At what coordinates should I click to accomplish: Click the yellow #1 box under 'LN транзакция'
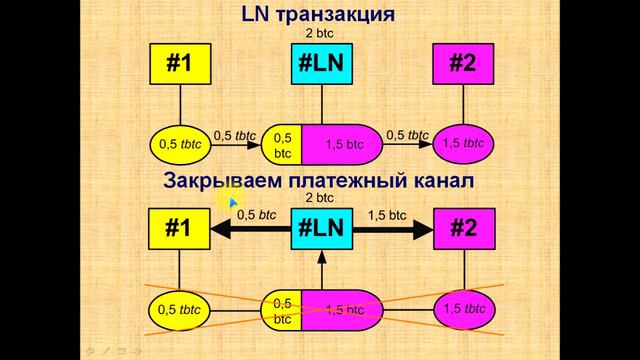click(179, 65)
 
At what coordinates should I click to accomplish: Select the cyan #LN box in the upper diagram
click(321, 65)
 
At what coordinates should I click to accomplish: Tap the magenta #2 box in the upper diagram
click(462, 65)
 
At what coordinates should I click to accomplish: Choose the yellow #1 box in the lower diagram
click(179, 228)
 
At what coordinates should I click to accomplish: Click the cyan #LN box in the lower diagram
click(321, 228)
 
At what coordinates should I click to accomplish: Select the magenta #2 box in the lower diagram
click(462, 228)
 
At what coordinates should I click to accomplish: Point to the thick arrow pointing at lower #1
click(250, 229)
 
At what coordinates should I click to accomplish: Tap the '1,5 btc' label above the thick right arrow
click(389, 214)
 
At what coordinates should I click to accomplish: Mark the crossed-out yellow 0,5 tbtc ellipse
click(179, 310)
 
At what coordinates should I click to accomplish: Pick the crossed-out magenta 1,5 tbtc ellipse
click(462, 310)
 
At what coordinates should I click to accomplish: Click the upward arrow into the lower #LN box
click(321, 270)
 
